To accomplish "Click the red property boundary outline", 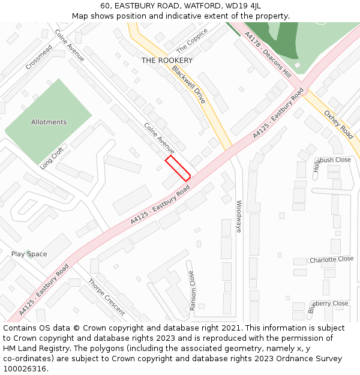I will click(178, 168).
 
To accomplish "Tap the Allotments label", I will click(49, 122).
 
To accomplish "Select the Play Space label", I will click(29, 254).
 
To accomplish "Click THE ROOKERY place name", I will click(167, 61).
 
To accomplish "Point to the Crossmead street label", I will click(38, 56).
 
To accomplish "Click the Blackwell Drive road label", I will click(188, 85).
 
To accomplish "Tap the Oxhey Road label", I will click(338, 124).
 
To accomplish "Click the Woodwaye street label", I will click(238, 216).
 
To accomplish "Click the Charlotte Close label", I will click(331, 260).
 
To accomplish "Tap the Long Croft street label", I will click(52, 158).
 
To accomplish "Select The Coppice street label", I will click(191, 40).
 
